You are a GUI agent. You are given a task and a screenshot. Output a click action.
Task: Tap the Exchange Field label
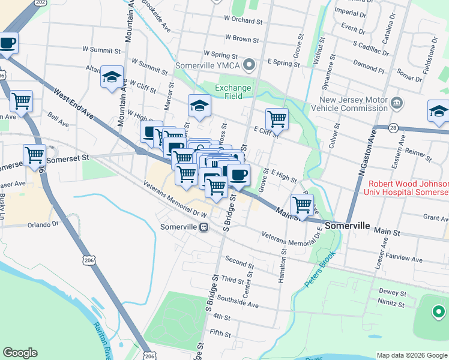[x=233, y=92]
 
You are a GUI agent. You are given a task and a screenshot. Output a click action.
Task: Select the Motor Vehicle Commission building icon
[x=396, y=103]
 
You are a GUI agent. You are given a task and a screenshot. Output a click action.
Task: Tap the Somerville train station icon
[x=204, y=227]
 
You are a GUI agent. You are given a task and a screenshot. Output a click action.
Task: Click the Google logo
[x=20, y=353]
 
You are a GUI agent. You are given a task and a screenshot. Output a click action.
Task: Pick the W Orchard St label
[x=244, y=21]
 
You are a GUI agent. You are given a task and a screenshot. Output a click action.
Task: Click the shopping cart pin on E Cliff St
[x=277, y=119]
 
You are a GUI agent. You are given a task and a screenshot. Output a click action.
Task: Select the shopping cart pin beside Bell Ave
[x=21, y=102]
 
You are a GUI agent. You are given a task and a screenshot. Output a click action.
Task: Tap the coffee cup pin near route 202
[x=7, y=44]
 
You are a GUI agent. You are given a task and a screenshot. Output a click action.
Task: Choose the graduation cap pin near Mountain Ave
[x=112, y=77]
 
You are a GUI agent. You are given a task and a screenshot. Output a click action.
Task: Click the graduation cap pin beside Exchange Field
[x=200, y=107]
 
